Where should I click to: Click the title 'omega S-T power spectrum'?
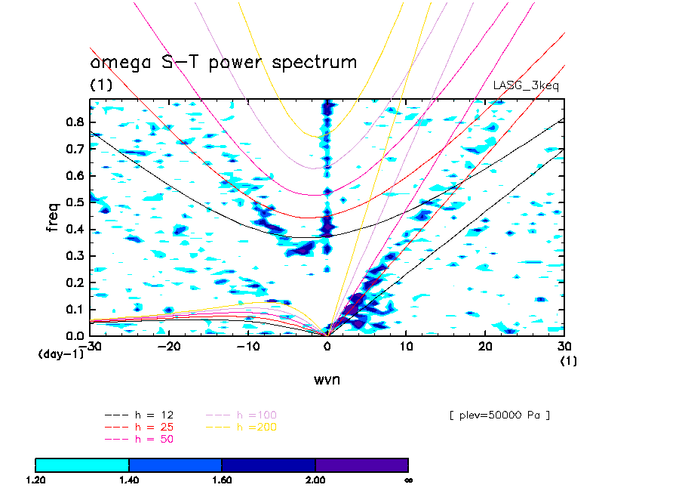point(223,62)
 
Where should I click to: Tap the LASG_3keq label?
point(526,85)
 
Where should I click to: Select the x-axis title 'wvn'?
point(327,379)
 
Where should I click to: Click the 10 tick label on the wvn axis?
point(406,346)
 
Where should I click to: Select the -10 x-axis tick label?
point(247,346)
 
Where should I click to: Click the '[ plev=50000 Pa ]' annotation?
point(499,415)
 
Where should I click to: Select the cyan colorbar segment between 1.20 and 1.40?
point(82,465)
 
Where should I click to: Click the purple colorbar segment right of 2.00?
point(361,465)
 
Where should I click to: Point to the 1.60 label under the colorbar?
point(222,480)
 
